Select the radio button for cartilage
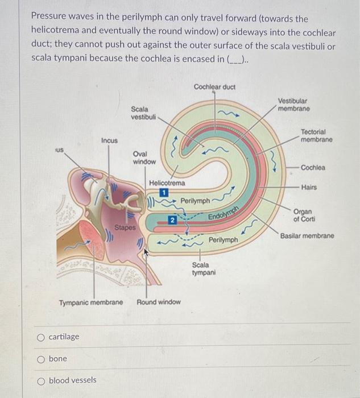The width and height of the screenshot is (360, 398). [40, 337]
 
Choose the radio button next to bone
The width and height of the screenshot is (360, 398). [40, 359]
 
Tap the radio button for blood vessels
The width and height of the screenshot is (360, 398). [40, 380]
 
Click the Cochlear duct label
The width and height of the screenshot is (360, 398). [214, 86]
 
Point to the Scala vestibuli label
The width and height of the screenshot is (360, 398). [140, 113]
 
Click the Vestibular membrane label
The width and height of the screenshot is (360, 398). [293, 104]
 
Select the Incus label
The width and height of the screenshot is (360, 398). [109, 140]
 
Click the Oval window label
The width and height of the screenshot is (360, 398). [144, 158]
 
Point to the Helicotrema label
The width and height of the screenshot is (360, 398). [167, 183]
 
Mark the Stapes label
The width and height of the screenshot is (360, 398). [125, 228]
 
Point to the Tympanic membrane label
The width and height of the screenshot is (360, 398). [91, 302]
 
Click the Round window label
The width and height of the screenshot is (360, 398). [159, 302]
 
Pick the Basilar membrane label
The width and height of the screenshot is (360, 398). [307, 235]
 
